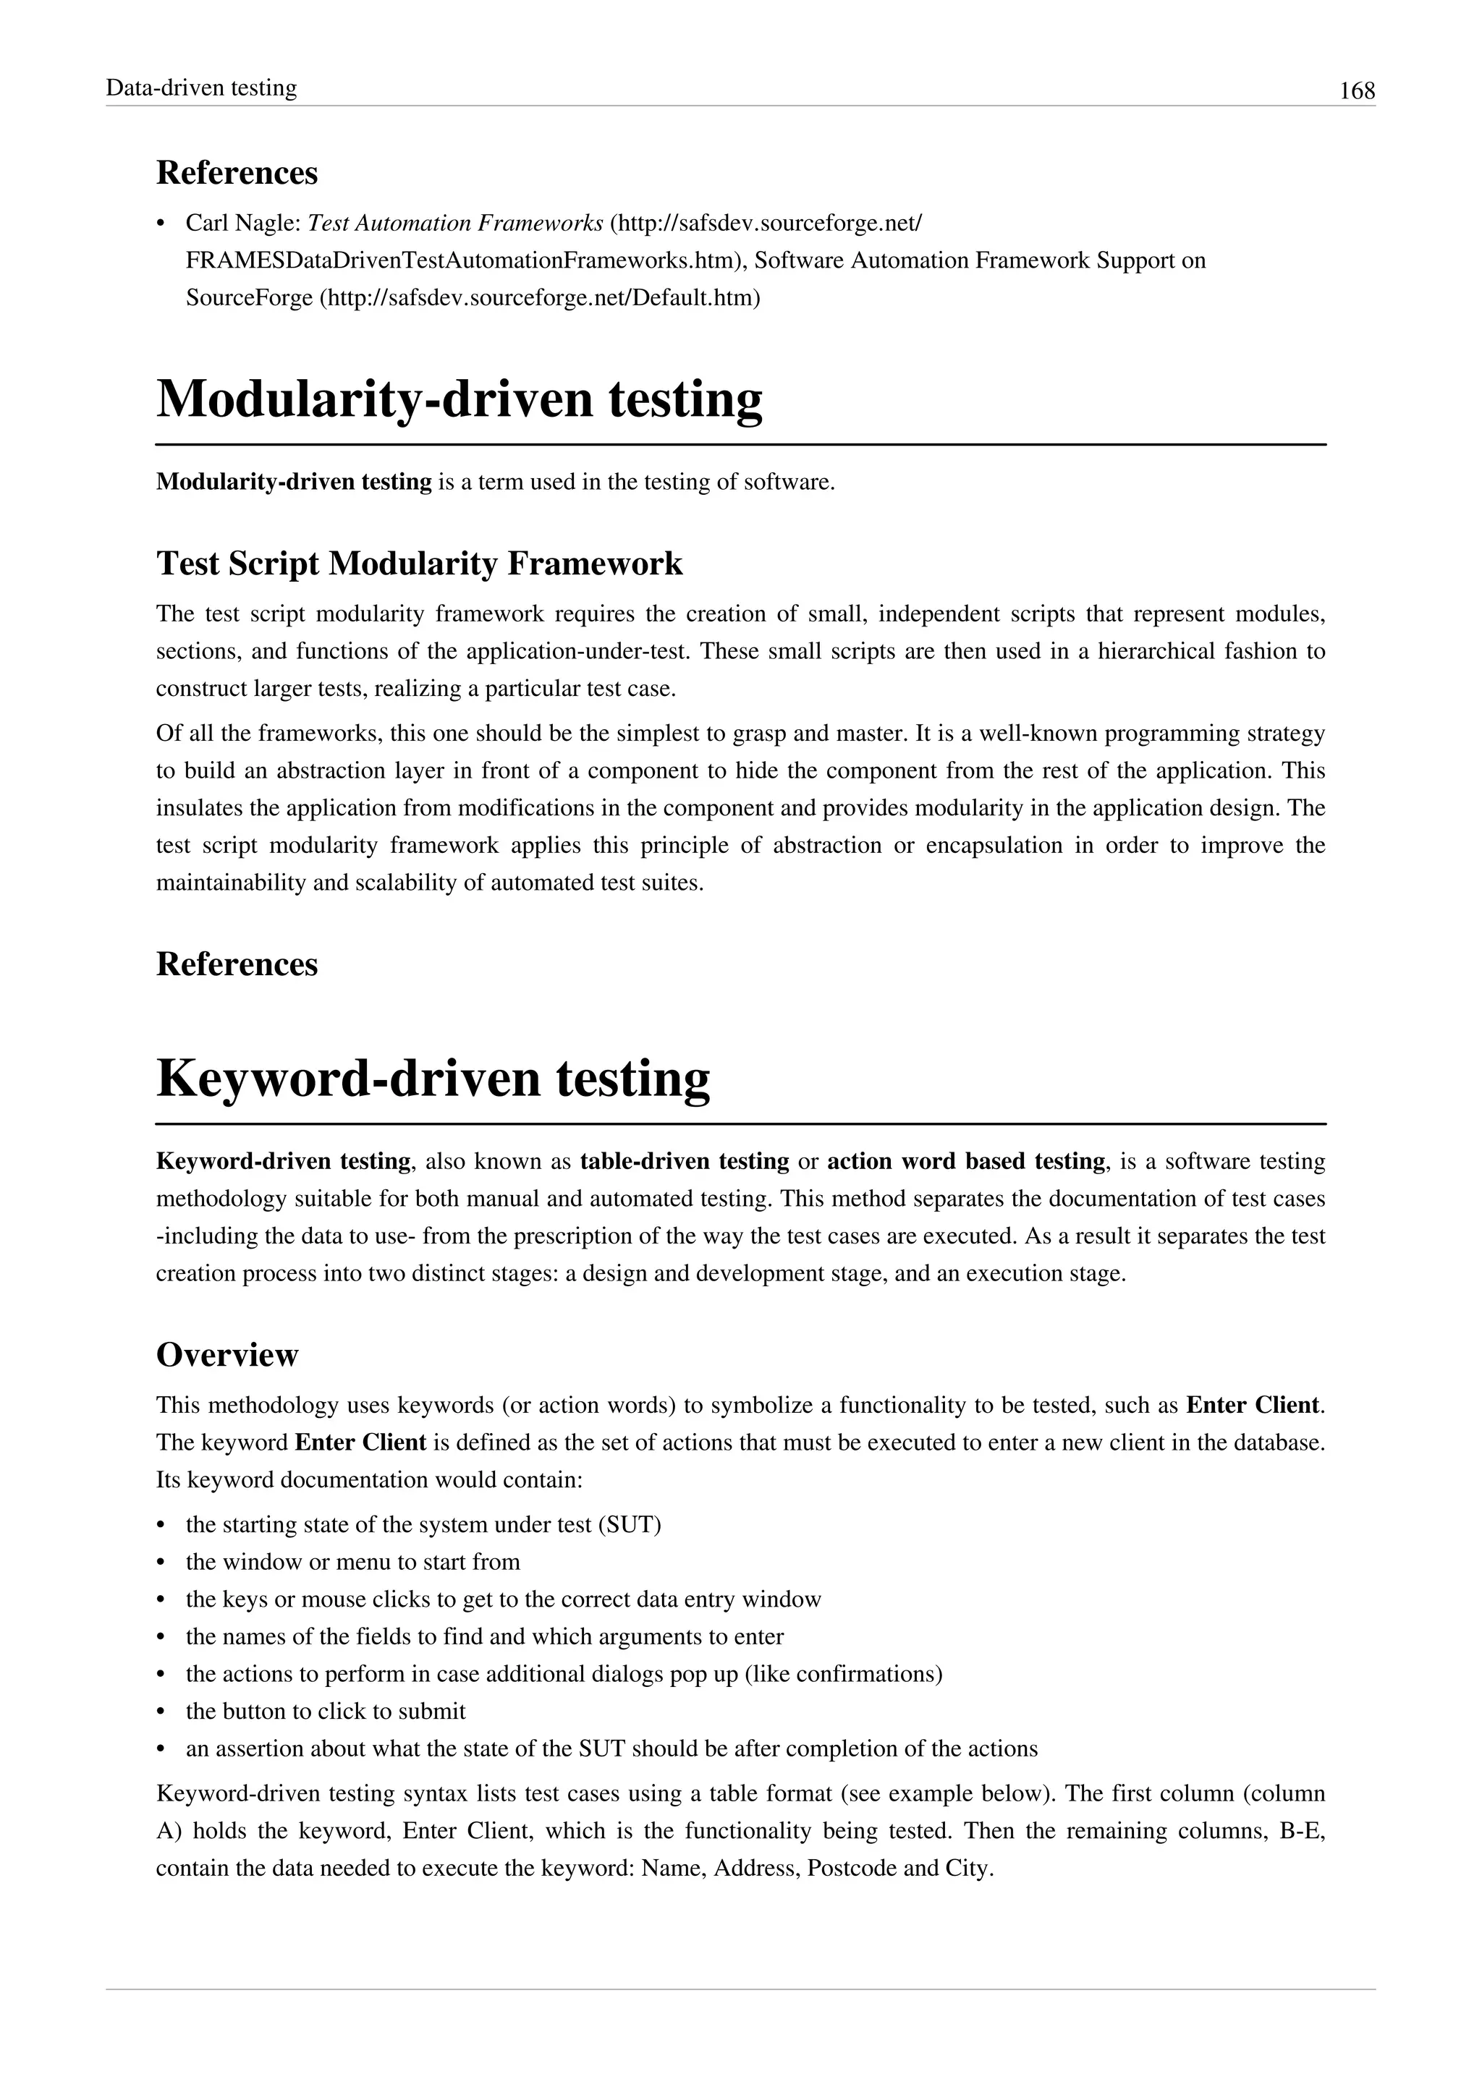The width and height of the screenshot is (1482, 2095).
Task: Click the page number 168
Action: pyautogui.click(x=1356, y=91)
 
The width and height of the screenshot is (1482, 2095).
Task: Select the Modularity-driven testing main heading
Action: pyautogui.click(x=459, y=399)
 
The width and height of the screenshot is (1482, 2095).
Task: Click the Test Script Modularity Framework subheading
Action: pyautogui.click(x=419, y=563)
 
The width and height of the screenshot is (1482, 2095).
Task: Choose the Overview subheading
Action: pyautogui.click(x=227, y=1355)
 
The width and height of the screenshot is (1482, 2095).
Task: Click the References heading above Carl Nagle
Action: pyautogui.click(x=237, y=172)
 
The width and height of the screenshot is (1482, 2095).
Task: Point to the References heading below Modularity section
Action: pyautogui.click(x=237, y=964)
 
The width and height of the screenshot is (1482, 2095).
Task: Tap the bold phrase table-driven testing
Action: pyautogui.click(x=685, y=1162)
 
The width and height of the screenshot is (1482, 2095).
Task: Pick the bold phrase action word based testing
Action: pyautogui.click(x=966, y=1162)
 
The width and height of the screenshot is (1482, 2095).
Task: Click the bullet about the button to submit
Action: pyautogui.click(x=326, y=1711)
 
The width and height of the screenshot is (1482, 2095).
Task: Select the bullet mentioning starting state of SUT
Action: pyautogui.click(x=423, y=1525)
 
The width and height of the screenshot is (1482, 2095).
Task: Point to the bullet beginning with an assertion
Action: pyautogui.click(x=611, y=1748)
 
